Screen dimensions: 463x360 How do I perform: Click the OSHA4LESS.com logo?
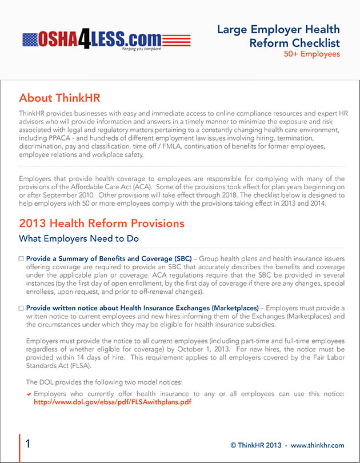pos(106,39)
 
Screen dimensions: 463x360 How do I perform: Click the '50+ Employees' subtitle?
pos(312,54)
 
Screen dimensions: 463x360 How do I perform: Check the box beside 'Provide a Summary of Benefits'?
pos(21,259)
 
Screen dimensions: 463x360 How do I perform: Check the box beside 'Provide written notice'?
pos(21,308)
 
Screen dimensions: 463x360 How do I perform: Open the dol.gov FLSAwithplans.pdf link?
pos(113,402)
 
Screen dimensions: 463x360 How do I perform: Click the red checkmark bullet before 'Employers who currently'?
pos(29,394)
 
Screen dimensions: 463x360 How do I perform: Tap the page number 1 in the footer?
pos(28,444)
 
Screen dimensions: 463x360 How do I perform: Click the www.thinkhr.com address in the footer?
pos(318,445)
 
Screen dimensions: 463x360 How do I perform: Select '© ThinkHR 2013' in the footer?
pos(257,445)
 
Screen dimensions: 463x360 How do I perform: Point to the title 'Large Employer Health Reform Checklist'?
pos(278,36)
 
